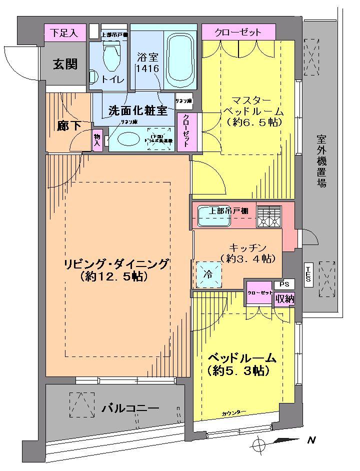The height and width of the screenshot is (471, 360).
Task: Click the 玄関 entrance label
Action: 65,63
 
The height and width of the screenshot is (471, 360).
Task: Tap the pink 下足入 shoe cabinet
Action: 64,33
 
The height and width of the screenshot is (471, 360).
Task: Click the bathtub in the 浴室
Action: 180,60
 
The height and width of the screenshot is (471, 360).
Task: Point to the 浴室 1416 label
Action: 147,62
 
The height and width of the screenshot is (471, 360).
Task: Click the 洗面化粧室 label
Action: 135,110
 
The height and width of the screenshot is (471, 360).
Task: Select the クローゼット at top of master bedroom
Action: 238,32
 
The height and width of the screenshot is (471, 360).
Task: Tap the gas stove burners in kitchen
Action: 269,216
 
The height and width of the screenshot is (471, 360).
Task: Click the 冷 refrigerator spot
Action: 207,275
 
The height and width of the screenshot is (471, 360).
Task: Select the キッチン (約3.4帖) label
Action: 245,253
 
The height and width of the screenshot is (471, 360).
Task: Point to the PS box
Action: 284,284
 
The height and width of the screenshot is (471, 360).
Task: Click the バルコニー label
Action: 130,408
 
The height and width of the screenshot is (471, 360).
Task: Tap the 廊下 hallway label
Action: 68,125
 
